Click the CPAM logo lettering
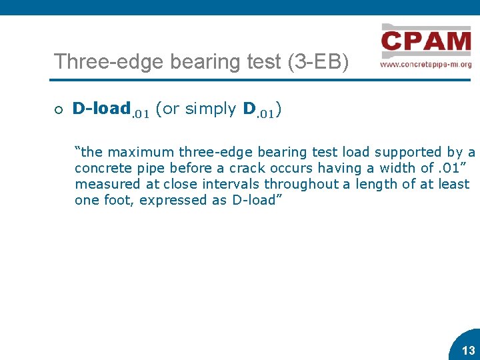pos(426,42)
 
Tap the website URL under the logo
pos(426,65)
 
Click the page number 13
pos(469,351)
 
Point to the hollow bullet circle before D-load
pos(59,109)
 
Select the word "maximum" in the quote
pos(141,153)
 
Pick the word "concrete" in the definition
pos(102,169)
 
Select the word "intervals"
pos(225,185)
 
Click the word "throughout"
pos(297,185)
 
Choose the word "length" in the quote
pos(374,185)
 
